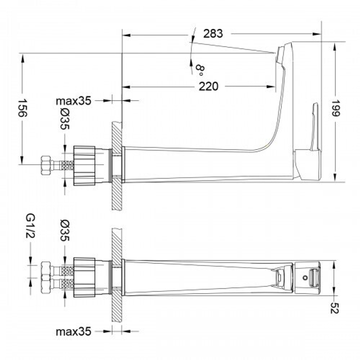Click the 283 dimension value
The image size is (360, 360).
click(213, 33)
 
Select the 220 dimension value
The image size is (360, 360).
click(209, 86)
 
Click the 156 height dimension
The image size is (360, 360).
click(22, 108)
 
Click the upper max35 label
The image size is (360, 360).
click(73, 101)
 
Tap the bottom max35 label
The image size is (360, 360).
click(73, 331)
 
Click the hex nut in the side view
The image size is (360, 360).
click(46, 165)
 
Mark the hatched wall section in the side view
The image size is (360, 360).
click(117, 166)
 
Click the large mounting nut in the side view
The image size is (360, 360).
click(85, 166)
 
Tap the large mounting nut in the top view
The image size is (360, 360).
click(85, 277)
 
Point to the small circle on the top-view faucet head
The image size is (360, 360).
click(305, 278)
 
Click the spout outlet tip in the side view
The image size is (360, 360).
click(280, 54)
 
